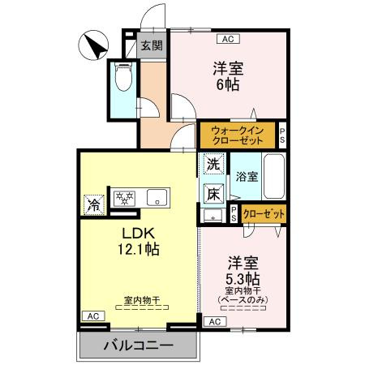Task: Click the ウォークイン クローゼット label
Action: point(237,134)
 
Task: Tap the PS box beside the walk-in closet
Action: point(282,134)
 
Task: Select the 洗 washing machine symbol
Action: point(213,164)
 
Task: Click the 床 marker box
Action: point(213,193)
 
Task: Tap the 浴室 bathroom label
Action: point(247,177)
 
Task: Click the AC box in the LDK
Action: point(92,316)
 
